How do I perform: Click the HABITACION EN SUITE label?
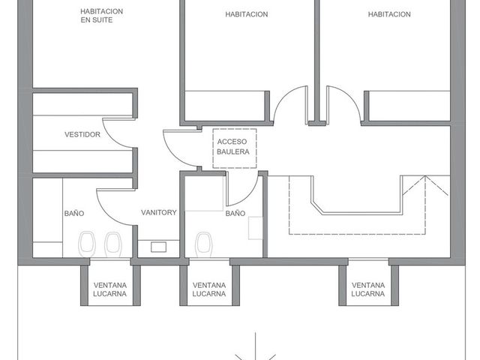[x=102, y=16]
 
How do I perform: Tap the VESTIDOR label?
[x=82, y=134]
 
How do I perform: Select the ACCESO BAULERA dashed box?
[x=235, y=148]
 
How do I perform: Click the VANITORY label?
[x=158, y=212]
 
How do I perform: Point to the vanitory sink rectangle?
[x=158, y=247]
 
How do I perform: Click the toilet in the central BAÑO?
[x=204, y=244]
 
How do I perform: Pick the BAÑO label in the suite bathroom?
[x=74, y=213]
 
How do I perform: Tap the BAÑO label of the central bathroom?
[x=235, y=213]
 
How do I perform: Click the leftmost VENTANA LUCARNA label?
[x=110, y=289]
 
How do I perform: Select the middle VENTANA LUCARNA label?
[x=209, y=289]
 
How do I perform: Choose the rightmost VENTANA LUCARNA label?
[x=368, y=289]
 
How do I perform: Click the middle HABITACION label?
[x=247, y=14]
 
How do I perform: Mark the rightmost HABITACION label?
[x=389, y=14]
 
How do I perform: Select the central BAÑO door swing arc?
[x=252, y=196]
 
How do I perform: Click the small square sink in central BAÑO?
[x=255, y=228]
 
